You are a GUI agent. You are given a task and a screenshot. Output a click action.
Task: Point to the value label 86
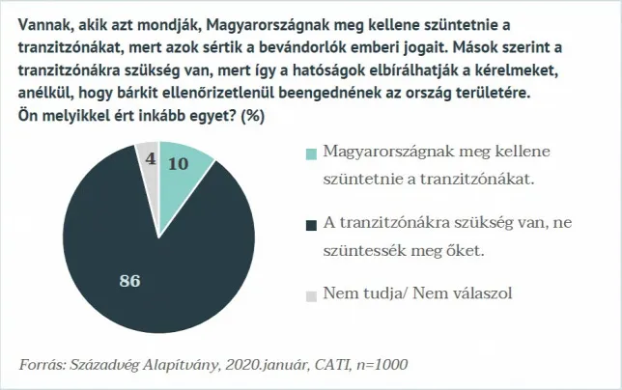pyautogui.click(x=129, y=281)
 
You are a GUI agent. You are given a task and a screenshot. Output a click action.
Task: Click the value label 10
pyautogui.click(x=178, y=164)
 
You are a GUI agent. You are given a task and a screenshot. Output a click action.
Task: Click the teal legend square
pyautogui.click(x=310, y=154)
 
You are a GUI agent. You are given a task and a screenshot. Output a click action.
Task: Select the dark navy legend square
pyautogui.click(x=310, y=226)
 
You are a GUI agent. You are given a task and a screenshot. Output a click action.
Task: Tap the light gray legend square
pyautogui.click(x=310, y=294)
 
